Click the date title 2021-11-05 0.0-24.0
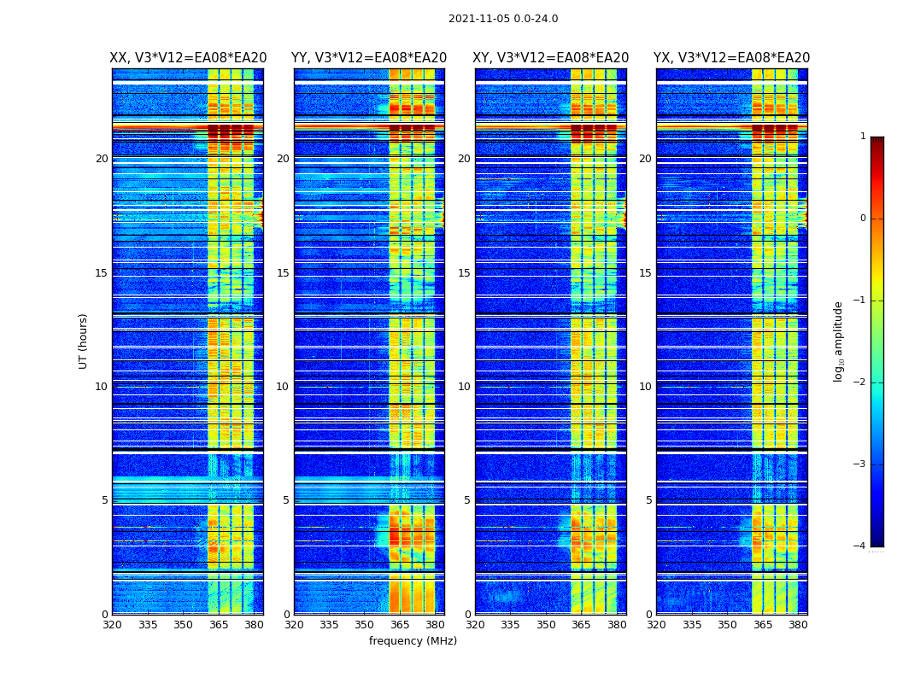pos(503,19)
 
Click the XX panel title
pos(188,58)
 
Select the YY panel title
pos(369,58)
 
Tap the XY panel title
pos(551,58)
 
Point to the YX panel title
pos(732,58)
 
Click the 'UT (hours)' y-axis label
pos(84,341)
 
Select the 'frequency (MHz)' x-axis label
pos(413,641)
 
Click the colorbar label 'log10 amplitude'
pos(839,341)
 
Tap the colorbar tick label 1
pos(862,137)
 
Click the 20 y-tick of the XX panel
pos(102,159)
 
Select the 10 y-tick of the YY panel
pos(283,387)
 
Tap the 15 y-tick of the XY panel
pos(464,273)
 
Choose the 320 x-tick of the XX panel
pos(112,625)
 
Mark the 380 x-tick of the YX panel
pos(798,625)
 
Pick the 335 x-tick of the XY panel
pos(510,625)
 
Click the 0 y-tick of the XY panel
pos(467,615)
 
